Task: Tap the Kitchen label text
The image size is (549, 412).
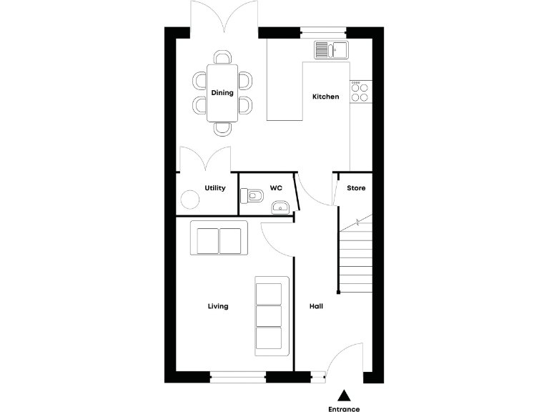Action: pos(326,97)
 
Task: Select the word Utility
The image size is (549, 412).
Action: pos(215,188)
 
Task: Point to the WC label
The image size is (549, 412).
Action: pos(276,188)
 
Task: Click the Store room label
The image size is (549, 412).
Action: pos(356,188)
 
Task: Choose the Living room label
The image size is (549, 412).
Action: pos(218,306)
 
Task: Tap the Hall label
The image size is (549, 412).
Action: pos(316,306)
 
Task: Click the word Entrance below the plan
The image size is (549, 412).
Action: pos(344,409)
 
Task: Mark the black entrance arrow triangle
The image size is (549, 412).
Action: pos(344,394)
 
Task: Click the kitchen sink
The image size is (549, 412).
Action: pos(331,50)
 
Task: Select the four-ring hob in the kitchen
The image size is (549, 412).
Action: pos(360,92)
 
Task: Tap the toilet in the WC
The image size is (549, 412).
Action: pos(252,194)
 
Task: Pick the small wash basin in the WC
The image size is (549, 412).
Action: pos(280,208)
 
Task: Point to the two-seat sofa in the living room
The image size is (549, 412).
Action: pos(219,239)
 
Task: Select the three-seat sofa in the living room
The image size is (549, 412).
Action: pos(269,315)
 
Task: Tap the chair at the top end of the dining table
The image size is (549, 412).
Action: pos(224,57)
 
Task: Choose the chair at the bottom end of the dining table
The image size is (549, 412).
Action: pos(224,129)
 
